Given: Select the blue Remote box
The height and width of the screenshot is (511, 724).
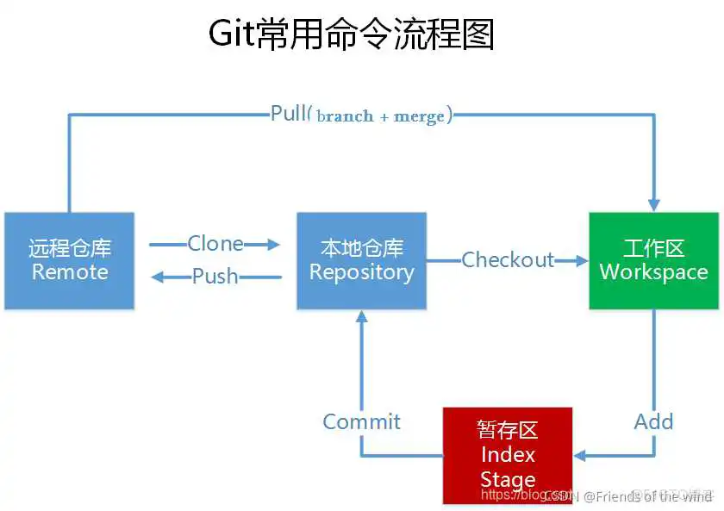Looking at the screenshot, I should point(70,261).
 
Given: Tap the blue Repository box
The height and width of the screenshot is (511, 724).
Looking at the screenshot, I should point(361,261).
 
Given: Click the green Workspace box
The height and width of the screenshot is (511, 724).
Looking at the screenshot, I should point(653,261).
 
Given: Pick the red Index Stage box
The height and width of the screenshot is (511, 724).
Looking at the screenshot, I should point(508,456).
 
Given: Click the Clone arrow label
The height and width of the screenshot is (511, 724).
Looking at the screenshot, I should point(215,244).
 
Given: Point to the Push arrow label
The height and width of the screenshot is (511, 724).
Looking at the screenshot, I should point(215,277).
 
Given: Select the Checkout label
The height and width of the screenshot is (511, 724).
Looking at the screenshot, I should point(508,259).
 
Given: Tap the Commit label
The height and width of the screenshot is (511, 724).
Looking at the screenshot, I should point(361,421).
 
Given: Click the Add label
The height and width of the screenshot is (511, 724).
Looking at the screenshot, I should point(653,421).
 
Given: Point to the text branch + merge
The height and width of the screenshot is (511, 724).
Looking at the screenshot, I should point(380,115).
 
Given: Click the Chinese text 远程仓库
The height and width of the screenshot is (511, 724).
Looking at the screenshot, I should point(70,249).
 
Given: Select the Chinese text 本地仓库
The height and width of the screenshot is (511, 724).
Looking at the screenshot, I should point(361,249).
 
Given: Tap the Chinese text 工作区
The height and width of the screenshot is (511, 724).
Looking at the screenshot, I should point(653,249).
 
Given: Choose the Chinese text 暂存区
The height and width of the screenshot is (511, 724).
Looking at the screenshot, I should point(508,430).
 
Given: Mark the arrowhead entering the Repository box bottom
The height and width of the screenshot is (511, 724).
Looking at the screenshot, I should point(361,316).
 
